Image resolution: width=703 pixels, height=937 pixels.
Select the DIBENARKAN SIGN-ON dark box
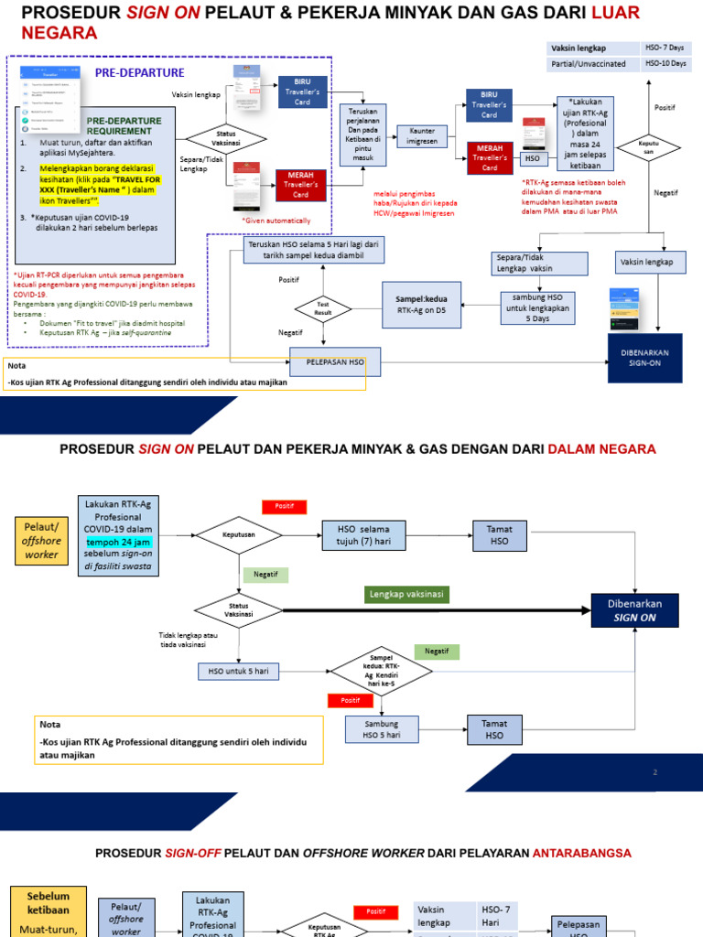coord(644,358)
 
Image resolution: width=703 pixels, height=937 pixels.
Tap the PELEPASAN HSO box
coord(335,362)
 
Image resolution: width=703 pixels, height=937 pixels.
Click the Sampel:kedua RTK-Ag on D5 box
coord(423,305)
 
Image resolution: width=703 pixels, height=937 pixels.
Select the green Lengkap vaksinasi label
coord(406,594)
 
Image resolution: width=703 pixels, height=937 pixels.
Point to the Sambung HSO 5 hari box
coord(381,729)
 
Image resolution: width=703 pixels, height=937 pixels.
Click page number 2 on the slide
coord(654,772)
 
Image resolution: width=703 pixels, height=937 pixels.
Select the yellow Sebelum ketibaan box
coord(48,910)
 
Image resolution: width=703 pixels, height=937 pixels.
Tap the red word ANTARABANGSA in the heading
coord(579,853)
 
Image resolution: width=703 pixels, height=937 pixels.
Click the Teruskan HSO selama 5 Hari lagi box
coord(314,251)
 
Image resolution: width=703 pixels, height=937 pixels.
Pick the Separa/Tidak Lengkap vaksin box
coord(537,263)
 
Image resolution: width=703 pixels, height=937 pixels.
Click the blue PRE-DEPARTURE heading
coord(140,73)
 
